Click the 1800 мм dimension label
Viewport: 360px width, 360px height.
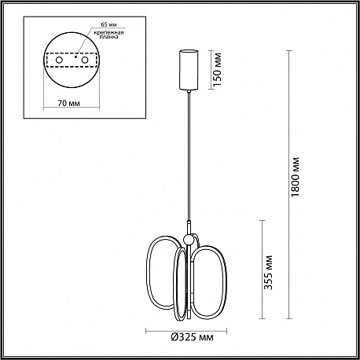[296, 177]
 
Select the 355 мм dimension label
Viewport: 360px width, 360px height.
[269, 272]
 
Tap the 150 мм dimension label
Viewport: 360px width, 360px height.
[218, 69]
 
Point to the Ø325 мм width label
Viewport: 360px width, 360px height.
[192, 337]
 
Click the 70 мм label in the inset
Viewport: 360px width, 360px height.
[69, 103]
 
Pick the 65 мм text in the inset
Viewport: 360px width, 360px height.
[108, 24]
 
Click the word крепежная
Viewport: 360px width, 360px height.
[109, 32]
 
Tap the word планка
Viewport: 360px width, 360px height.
[109, 37]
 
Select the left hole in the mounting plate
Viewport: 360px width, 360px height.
[59, 60]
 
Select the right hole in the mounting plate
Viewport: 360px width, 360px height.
[85, 60]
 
